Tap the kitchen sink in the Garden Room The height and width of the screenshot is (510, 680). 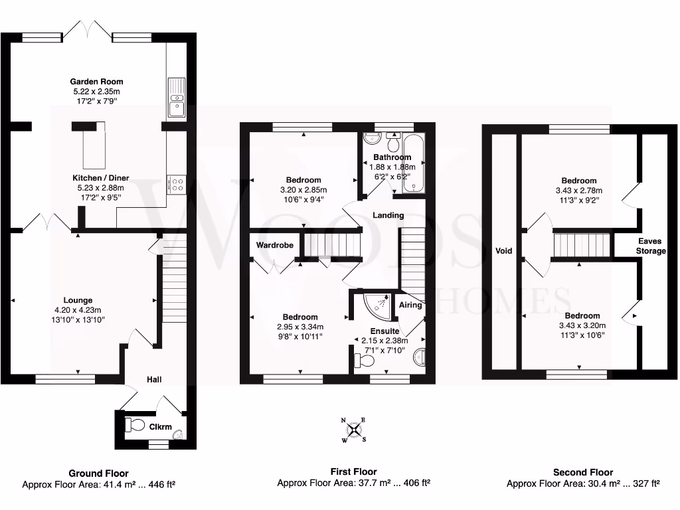177,97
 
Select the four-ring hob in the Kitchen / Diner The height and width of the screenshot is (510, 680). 177,185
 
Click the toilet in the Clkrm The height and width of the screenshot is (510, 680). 136,425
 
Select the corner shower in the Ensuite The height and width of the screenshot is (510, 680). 378,306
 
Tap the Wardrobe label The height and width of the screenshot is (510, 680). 275,245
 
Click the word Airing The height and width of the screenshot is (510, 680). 409,305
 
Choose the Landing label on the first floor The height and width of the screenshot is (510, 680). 388,215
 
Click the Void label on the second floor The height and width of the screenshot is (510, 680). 504,251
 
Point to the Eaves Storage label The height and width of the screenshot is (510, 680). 651,246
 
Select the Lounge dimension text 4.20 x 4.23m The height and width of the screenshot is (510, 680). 78,310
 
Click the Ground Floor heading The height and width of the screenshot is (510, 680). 99,473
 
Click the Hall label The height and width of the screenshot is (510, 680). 154,379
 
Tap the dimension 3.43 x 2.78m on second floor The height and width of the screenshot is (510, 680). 578,191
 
